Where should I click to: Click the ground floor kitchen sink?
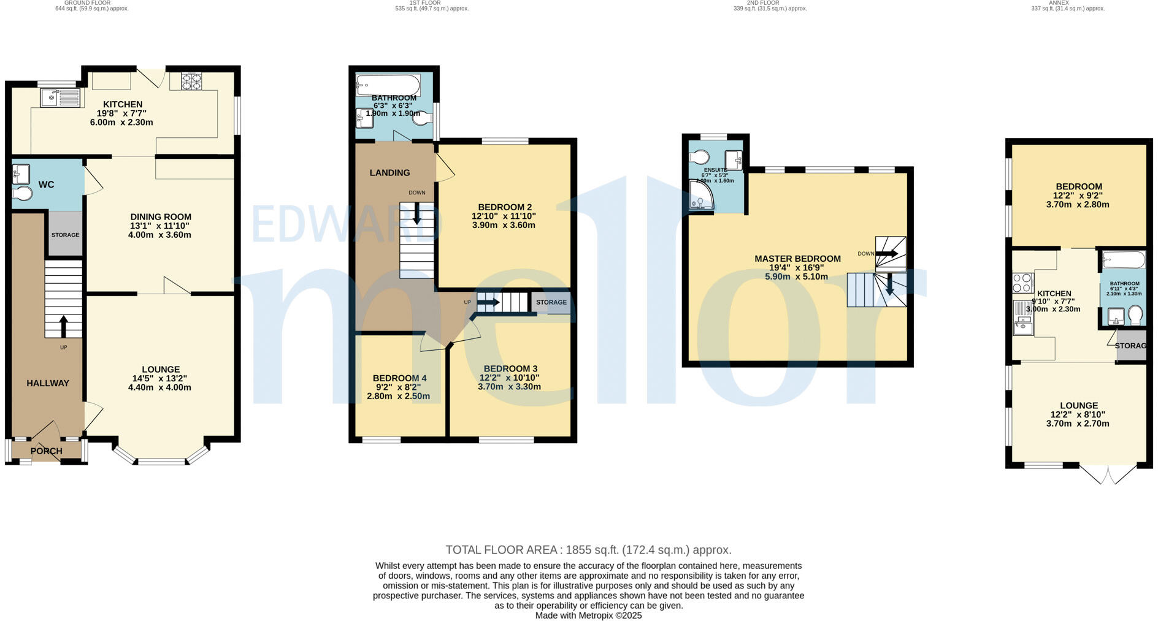coord(59,97)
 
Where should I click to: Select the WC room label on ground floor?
coord(47,185)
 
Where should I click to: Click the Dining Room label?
coord(161,217)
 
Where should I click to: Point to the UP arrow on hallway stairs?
coord(63,326)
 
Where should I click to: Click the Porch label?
coord(47,451)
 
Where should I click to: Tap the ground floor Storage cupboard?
coord(65,235)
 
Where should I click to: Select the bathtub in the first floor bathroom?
coord(388,84)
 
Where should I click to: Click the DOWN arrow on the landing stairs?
coord(417,213)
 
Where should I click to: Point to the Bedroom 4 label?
coord(399,378)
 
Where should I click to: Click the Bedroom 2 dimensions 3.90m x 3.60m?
coord(504,225)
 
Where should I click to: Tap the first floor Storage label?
coord(551,302)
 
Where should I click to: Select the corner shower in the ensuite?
coord(700,197)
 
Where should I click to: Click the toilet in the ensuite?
coord(699,157)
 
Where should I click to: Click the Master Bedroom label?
coord(797,259)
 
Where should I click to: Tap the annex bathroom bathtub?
coord(1124,259)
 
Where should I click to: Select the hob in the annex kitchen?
coord(1022,283)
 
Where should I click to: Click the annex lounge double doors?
coord(1108,474)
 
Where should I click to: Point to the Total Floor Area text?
coord(588,550)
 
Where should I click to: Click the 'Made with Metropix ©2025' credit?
coord(588,615)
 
